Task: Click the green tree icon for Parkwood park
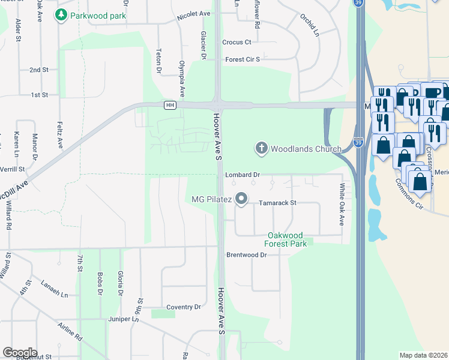[60, 15]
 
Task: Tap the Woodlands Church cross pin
[261, 148]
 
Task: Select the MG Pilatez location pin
[241, 199]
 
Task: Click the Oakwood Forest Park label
[286, 239]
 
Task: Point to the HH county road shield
[170, 105]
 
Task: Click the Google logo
[20, 353]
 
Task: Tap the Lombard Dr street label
[242, 175]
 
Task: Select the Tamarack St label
[277, 203]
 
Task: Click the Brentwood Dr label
[246, 254]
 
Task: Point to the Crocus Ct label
[237, 42]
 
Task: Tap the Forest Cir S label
[243, 59]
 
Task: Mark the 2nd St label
[38, 70]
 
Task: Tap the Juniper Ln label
[123, 319]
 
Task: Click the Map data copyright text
[424, 355]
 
